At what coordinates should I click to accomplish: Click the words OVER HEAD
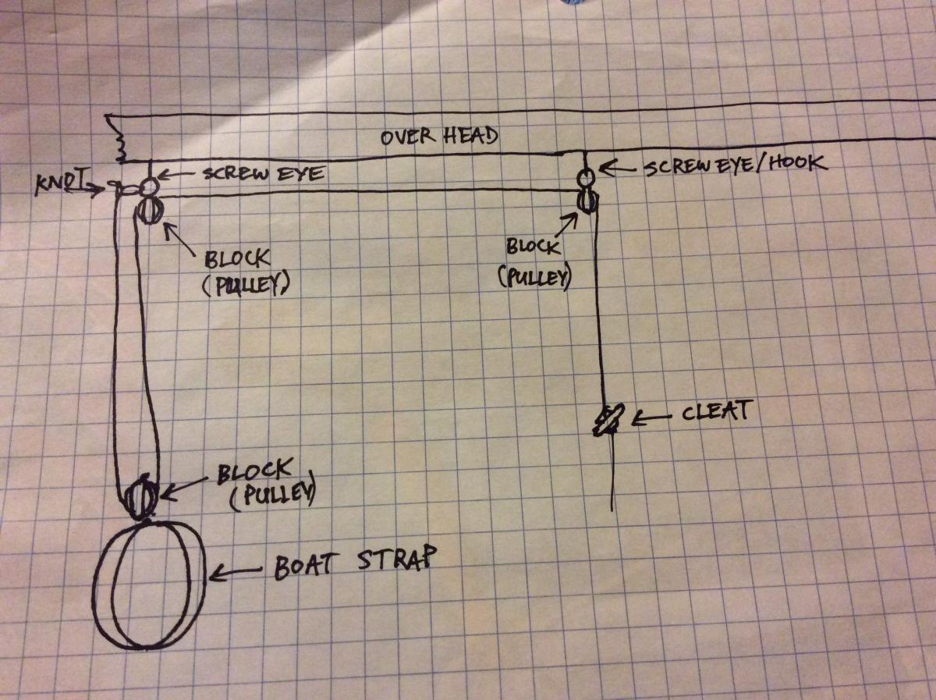[439, 136]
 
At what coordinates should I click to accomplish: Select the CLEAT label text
[714, 410]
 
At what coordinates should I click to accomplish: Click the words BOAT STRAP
[355, 561]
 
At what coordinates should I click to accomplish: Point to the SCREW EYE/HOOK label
[736, 165]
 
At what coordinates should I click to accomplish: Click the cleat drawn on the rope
[609, 420]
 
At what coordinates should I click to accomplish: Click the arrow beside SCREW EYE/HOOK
[619, 168]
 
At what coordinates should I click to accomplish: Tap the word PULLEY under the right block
[535, 277]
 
